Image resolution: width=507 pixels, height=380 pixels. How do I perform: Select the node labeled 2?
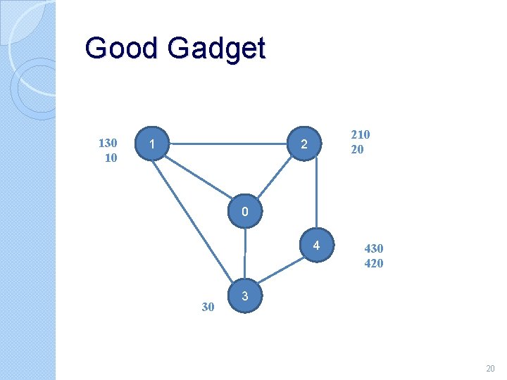pos(303,144)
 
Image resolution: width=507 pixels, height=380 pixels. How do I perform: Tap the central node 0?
pos(244,212)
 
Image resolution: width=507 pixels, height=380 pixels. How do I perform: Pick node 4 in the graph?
pos(317,246)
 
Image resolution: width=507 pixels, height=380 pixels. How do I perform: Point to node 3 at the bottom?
pos(244,296)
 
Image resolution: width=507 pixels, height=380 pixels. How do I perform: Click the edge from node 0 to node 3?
pos(244,254)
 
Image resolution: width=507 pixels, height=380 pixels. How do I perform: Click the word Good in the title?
pos(121,49)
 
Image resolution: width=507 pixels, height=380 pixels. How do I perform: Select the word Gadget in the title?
pos(217,49)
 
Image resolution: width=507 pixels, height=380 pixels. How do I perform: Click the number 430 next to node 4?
pos(373,248)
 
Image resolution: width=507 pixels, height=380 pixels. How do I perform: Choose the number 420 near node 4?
pos(373,263)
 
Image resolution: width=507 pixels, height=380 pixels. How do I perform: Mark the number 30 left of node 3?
pos(208,306)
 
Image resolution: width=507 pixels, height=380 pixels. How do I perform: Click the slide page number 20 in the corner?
pos(490,369)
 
